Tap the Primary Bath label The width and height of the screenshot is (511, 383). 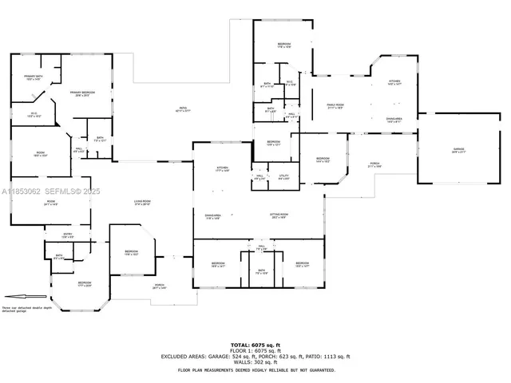(32, 77)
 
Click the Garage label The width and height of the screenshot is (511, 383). (458, 150)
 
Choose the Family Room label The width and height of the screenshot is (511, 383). (335, 106)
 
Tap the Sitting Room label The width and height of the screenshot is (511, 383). (279, 216)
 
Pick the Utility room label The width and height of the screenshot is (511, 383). (283, 176)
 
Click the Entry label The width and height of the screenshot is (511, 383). (69, 234)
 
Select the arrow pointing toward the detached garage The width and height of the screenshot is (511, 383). (16, 298)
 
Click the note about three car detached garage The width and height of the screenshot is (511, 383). (26, 309)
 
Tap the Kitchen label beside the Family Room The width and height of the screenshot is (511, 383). (394, 81)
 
